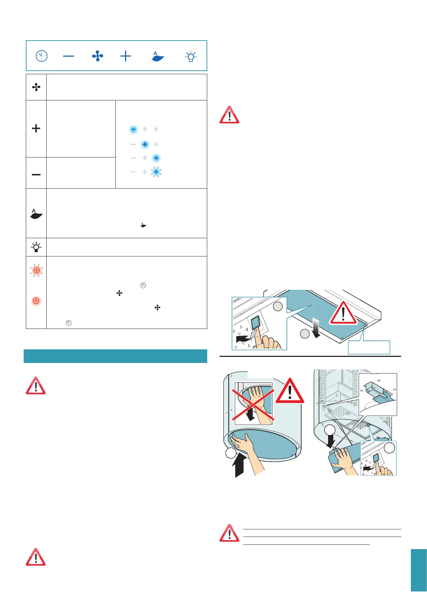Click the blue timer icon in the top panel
(x=42, y=56)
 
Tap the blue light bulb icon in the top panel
(x=191, y=57)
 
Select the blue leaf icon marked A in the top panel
(x=157, y=56)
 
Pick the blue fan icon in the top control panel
(x=98, y=56)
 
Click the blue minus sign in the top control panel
(x=68, y=56)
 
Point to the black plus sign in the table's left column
(x=36, y=128)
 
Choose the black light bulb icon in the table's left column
(x=36, y=247)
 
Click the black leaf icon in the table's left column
(x=36, y=214)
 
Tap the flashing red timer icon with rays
(x=36, y=270)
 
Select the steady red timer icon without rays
(x=36, y=301)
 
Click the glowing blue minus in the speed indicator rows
(x=133, y=129)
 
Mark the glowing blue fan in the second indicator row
(x=145, y=144)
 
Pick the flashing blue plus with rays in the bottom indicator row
(x=156, y=172)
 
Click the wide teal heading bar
(x=115, y=356)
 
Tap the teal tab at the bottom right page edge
(x=419, y=570)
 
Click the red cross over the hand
(x=253, y=402)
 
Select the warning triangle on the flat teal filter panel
(x=343, y=313)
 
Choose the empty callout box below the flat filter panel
(x=369, y=347)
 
